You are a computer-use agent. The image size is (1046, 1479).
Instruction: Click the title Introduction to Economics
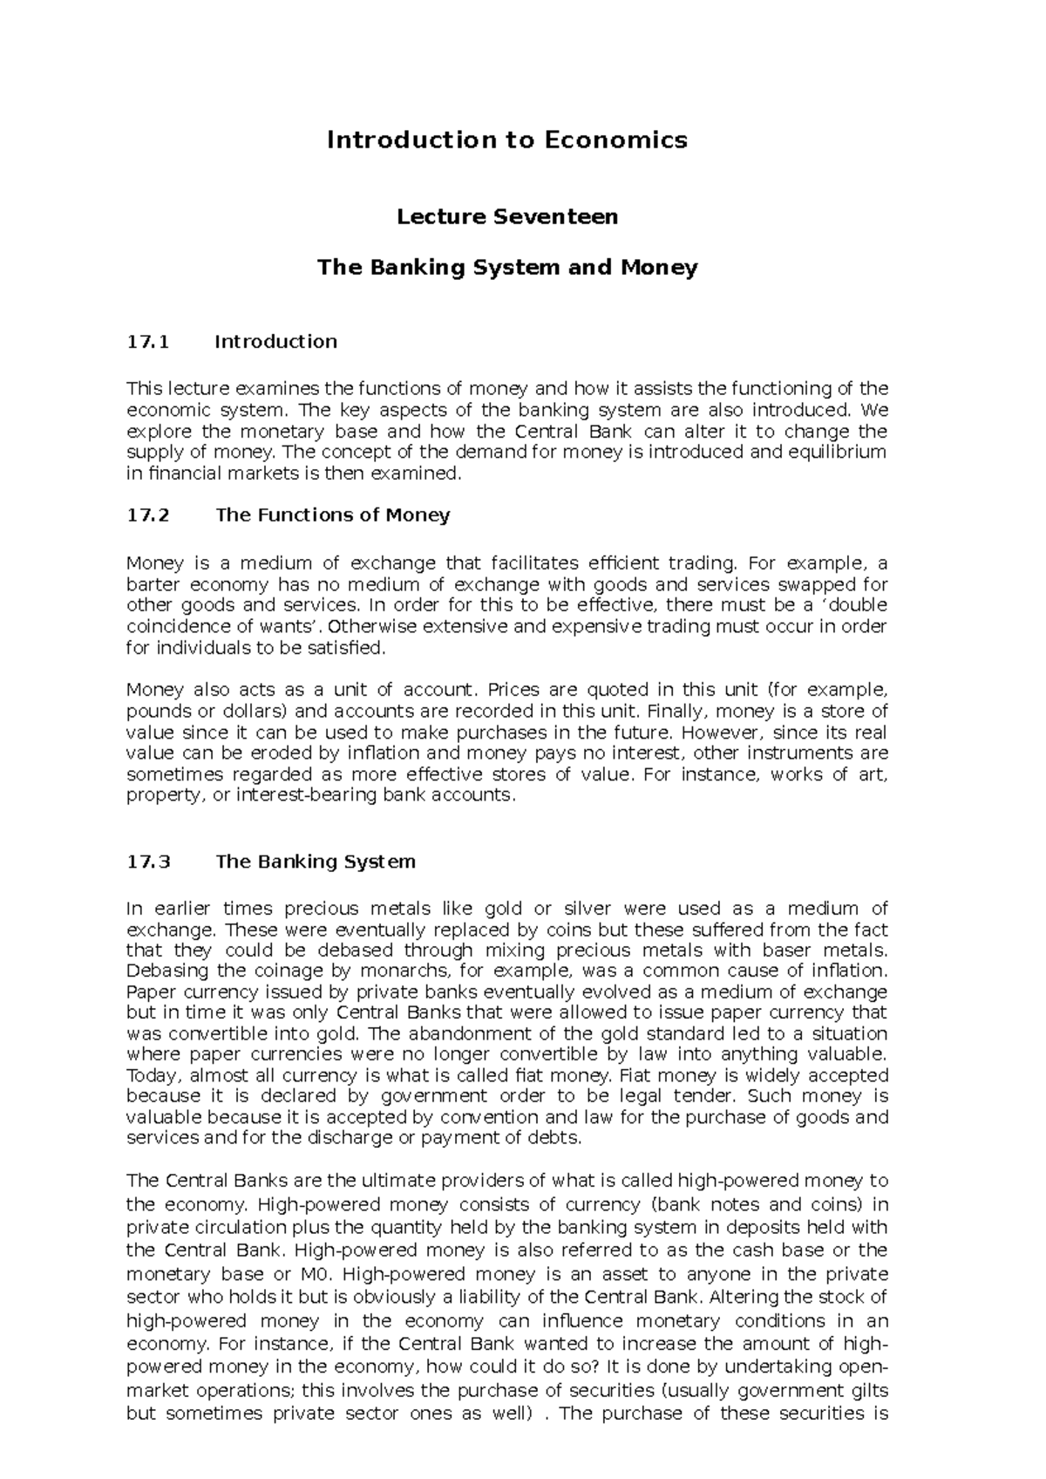(x=507, y=140)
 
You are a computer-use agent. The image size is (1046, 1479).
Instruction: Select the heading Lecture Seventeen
(x=507, y=216)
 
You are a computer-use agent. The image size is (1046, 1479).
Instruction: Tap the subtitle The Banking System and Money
(x=507, y=267)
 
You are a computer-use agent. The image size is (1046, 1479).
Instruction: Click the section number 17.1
(x=146, y=342)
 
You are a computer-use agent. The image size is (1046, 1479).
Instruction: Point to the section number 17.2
(x=146, y=515)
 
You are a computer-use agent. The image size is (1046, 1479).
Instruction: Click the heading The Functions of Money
(x=332, y=515)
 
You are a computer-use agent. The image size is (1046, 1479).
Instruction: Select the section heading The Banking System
(x=315, y=862)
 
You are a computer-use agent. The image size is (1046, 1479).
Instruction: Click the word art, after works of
(x=870, y=775)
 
